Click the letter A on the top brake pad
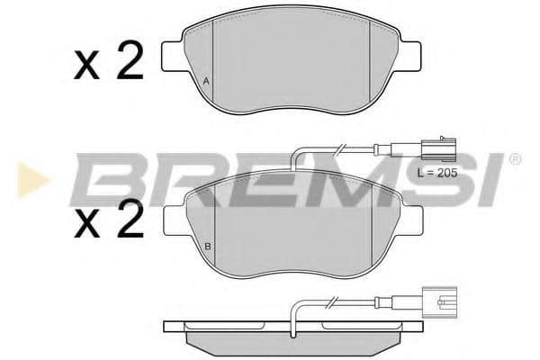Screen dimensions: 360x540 (206, 83)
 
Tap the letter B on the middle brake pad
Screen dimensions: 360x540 (207, 247)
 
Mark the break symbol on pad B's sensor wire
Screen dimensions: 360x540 (340, 148)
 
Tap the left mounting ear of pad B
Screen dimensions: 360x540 (173, 220)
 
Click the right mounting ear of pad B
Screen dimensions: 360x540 (411, 220)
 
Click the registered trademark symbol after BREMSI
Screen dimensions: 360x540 (515, 160)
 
